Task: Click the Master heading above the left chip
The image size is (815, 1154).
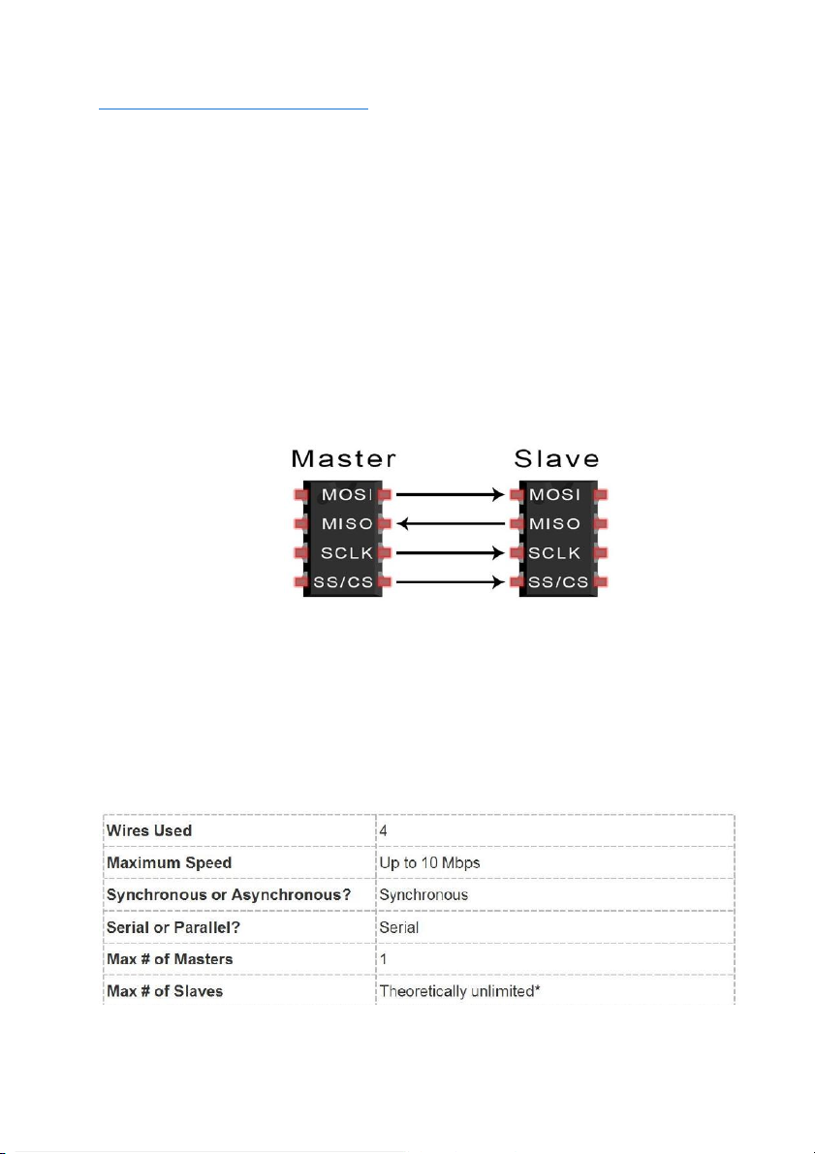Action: point(344,458)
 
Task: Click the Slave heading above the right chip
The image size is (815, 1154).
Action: point(556,458)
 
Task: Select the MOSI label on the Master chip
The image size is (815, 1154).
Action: point(347,494)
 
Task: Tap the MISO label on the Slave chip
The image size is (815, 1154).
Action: point(555,524)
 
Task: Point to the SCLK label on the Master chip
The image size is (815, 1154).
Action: point(347,552)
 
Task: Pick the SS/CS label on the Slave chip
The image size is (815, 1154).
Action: point(558,582)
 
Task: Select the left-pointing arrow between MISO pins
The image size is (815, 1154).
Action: point(451,524)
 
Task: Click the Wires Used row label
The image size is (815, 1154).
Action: point(149,830)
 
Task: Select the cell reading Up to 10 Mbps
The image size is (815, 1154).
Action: point(430,862)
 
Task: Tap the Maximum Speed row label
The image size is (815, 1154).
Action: point(170,862)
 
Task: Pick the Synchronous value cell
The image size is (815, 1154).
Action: point(424,895)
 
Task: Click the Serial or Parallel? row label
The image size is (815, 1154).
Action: point(173,927)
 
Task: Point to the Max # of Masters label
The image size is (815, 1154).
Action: point(170,959)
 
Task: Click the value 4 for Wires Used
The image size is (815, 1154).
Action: point(384,830)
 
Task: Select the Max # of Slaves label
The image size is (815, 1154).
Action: point(165,991)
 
